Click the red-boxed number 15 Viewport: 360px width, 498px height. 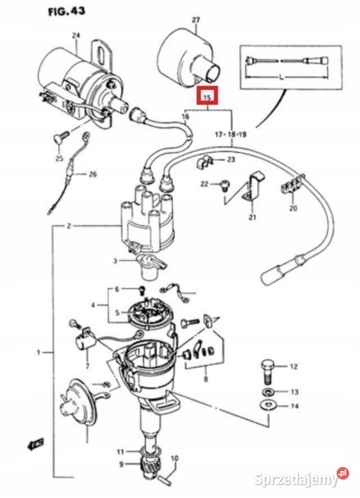click(x=207, y=97)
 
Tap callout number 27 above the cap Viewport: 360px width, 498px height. click(x=196, y=20)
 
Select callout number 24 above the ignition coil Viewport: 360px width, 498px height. click(x=76, y=35)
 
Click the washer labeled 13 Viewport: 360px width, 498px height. click(x=268, y=391)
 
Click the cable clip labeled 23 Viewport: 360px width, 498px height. click(x=205, y=163)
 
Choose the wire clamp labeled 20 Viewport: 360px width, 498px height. click(x=291, y=187)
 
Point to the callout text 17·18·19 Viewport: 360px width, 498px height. click(x=231, y=135)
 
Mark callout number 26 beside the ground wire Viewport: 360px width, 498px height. click(x=93, y=174)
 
